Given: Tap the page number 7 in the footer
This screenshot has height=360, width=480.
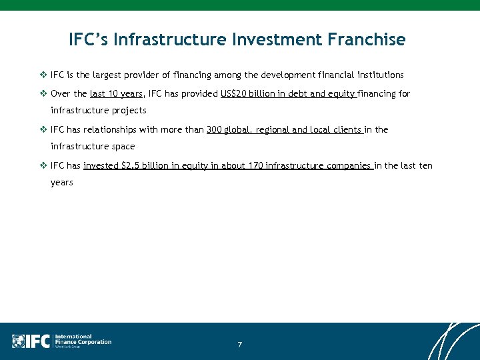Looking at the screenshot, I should (x=239, y=345).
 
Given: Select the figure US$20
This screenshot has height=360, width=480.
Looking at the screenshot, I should (x=235, y=94).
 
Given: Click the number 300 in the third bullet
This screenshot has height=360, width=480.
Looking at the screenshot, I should (x=214, y=130).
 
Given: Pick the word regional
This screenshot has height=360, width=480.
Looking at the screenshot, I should (x=273, y=130).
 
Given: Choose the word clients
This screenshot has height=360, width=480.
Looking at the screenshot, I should (x=345, y=130).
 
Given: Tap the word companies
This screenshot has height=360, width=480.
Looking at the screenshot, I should (x=348, y=166).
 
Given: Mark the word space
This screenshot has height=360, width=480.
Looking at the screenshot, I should (x=123, y=147).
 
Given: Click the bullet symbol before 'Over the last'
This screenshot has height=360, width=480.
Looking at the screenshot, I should (x=44, y=94).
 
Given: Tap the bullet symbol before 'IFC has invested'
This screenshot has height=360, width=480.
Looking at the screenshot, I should (x=44, y=166).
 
